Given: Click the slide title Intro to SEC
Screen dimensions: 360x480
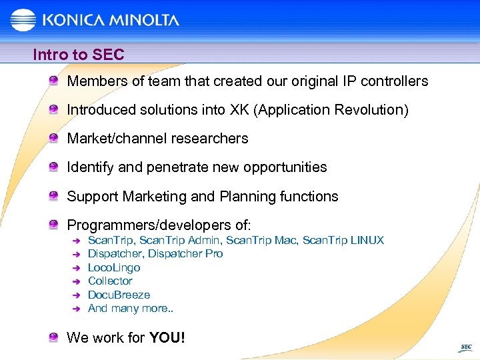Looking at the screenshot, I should point(79,55).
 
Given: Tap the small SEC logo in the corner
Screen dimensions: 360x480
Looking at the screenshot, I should point(465,347).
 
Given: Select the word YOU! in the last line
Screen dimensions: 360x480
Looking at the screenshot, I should point(167,338).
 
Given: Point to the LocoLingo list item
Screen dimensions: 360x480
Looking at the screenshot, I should point(114,267).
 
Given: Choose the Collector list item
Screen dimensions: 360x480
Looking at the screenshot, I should point(110,281).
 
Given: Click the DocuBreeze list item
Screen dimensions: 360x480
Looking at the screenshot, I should point(119,295).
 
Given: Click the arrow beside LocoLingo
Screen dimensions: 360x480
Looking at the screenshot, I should point(75,268).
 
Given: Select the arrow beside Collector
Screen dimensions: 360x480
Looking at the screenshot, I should point(75,281).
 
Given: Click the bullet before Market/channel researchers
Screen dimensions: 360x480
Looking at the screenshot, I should point(53,139).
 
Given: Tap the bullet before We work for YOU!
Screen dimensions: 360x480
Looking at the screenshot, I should point(53,338).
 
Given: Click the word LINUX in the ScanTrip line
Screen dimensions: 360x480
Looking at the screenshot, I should point(367,240).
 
